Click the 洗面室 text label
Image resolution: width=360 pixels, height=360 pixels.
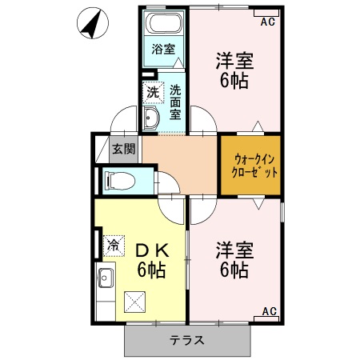coord(175,102)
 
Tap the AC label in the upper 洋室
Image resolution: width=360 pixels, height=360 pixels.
coord(267,22)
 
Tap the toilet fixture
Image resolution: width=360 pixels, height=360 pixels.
coord(118,179)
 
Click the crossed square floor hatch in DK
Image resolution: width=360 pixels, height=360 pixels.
coord(135,302)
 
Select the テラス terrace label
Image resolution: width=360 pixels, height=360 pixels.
coord(186,340)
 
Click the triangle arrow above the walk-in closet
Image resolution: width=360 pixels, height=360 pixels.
coord(257,126)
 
